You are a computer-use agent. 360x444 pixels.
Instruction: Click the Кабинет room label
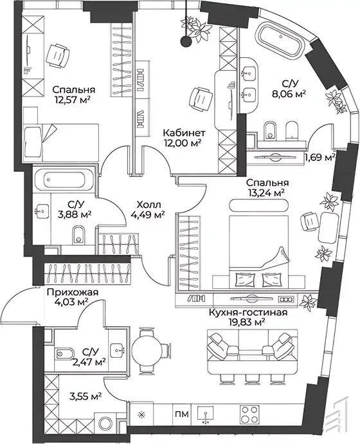click(x=184, y=133)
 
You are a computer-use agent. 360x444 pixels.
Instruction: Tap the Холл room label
click(x=148, y=205)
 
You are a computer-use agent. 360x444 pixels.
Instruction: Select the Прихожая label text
click(x=73, y=292)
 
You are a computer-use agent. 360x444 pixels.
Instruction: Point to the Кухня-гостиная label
click(x=248, y=313)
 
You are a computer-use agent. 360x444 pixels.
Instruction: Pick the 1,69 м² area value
click(x=320, y=156)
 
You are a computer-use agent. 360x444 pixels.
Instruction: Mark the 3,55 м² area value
click(x=85, y=397)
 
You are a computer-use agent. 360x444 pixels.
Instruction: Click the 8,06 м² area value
click(x=289, y=94)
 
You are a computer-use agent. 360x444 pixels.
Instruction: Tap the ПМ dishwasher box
click(x=182, y=414)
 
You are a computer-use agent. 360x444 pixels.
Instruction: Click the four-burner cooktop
click(x=249, y=414)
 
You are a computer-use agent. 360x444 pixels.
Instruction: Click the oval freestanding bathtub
click(x=280, y=42)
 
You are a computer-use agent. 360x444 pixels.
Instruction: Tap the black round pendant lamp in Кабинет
click(x=186, y=41)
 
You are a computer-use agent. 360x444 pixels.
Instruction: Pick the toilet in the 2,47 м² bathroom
click(x=64, y=353)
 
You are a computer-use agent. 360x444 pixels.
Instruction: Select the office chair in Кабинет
click(x=201, y=98)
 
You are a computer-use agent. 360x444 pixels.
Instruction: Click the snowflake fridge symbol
click(x=141, y=415)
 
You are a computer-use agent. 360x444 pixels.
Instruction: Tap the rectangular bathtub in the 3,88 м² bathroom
click(x=64, y=180)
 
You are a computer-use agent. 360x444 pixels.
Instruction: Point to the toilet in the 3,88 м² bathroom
click(x=78, y=235)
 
